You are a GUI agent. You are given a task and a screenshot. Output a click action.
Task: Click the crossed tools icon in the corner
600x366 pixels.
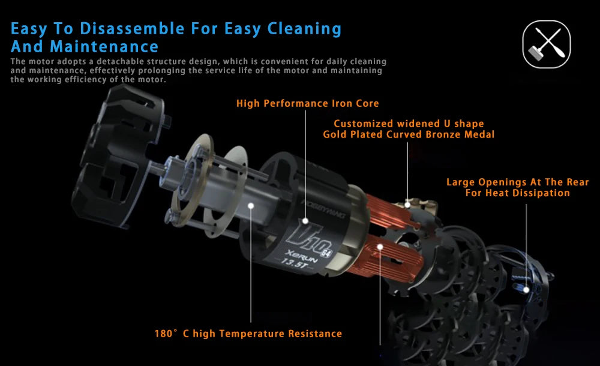(547, 44)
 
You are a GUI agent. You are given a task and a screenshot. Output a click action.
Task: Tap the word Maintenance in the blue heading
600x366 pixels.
(104, 47)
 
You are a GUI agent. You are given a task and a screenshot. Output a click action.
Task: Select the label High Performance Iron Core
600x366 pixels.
(307, 103)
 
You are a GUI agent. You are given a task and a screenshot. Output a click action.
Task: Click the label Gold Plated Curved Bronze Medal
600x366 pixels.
(409, 134)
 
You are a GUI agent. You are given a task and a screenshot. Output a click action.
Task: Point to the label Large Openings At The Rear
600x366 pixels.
(517, 182)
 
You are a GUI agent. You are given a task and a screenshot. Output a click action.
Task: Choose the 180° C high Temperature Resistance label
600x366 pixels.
(248, 334)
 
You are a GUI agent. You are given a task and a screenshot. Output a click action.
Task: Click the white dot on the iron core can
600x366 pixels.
(305, 221)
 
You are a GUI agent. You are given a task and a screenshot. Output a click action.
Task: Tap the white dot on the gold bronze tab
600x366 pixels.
(407, 205)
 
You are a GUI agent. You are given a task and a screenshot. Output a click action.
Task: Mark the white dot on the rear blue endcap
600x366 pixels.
(526, 290)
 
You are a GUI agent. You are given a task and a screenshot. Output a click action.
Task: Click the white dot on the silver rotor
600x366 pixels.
(251, 206)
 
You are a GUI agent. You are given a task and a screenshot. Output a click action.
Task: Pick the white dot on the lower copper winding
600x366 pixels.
(380, 247)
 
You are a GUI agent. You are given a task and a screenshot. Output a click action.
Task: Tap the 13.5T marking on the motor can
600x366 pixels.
(295, 263)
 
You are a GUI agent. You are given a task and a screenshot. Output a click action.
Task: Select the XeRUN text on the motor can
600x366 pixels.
(302, 256)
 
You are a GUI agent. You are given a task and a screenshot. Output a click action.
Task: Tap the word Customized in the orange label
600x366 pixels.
(363, 124)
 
